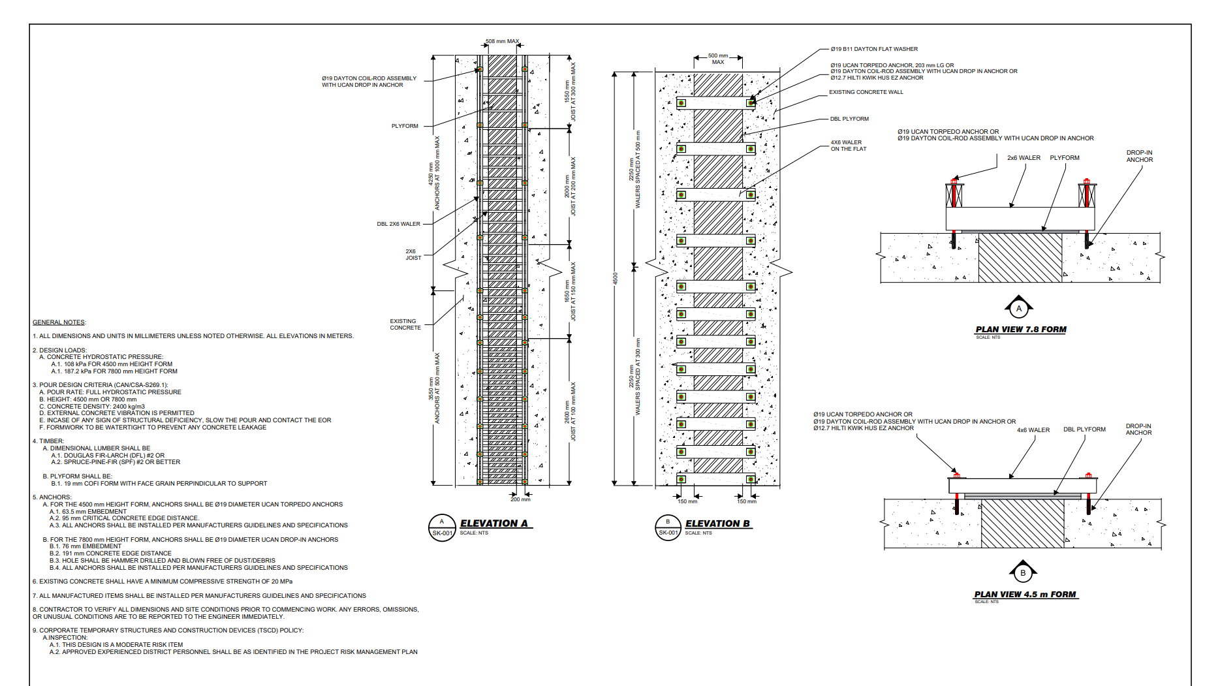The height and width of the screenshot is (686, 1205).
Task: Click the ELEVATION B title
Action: point(717,523)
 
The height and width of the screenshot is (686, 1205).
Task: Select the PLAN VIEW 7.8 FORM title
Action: point(1020,330)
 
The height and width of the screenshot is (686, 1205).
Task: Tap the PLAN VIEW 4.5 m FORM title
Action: point(1025,595)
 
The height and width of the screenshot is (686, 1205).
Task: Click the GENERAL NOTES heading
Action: point(59,322)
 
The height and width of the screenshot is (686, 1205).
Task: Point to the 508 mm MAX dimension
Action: point(502,41)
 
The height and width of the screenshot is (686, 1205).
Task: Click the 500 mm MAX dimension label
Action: point(718,59)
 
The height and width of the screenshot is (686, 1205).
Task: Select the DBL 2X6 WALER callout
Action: point(398,224)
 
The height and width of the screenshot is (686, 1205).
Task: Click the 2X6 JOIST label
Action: point(413,255)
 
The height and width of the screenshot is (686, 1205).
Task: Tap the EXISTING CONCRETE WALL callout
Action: point(866,92)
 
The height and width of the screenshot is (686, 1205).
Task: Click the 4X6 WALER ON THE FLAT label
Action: point(847,146)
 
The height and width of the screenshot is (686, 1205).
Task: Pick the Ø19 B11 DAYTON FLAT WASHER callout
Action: point(874,49)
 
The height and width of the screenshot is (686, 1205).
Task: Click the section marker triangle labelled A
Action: point(1019,307)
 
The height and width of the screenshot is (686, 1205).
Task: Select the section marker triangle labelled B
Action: point(1023,572)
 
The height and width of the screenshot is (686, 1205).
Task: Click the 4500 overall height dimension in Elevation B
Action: point(615,279)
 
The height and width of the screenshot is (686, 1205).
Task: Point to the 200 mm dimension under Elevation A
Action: point(520,499)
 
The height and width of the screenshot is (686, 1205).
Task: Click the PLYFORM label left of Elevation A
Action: point(405,126)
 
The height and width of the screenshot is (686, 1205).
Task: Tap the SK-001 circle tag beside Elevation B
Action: point(668,527)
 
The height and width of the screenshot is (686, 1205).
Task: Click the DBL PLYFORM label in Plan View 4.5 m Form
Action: point(1084,429)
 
